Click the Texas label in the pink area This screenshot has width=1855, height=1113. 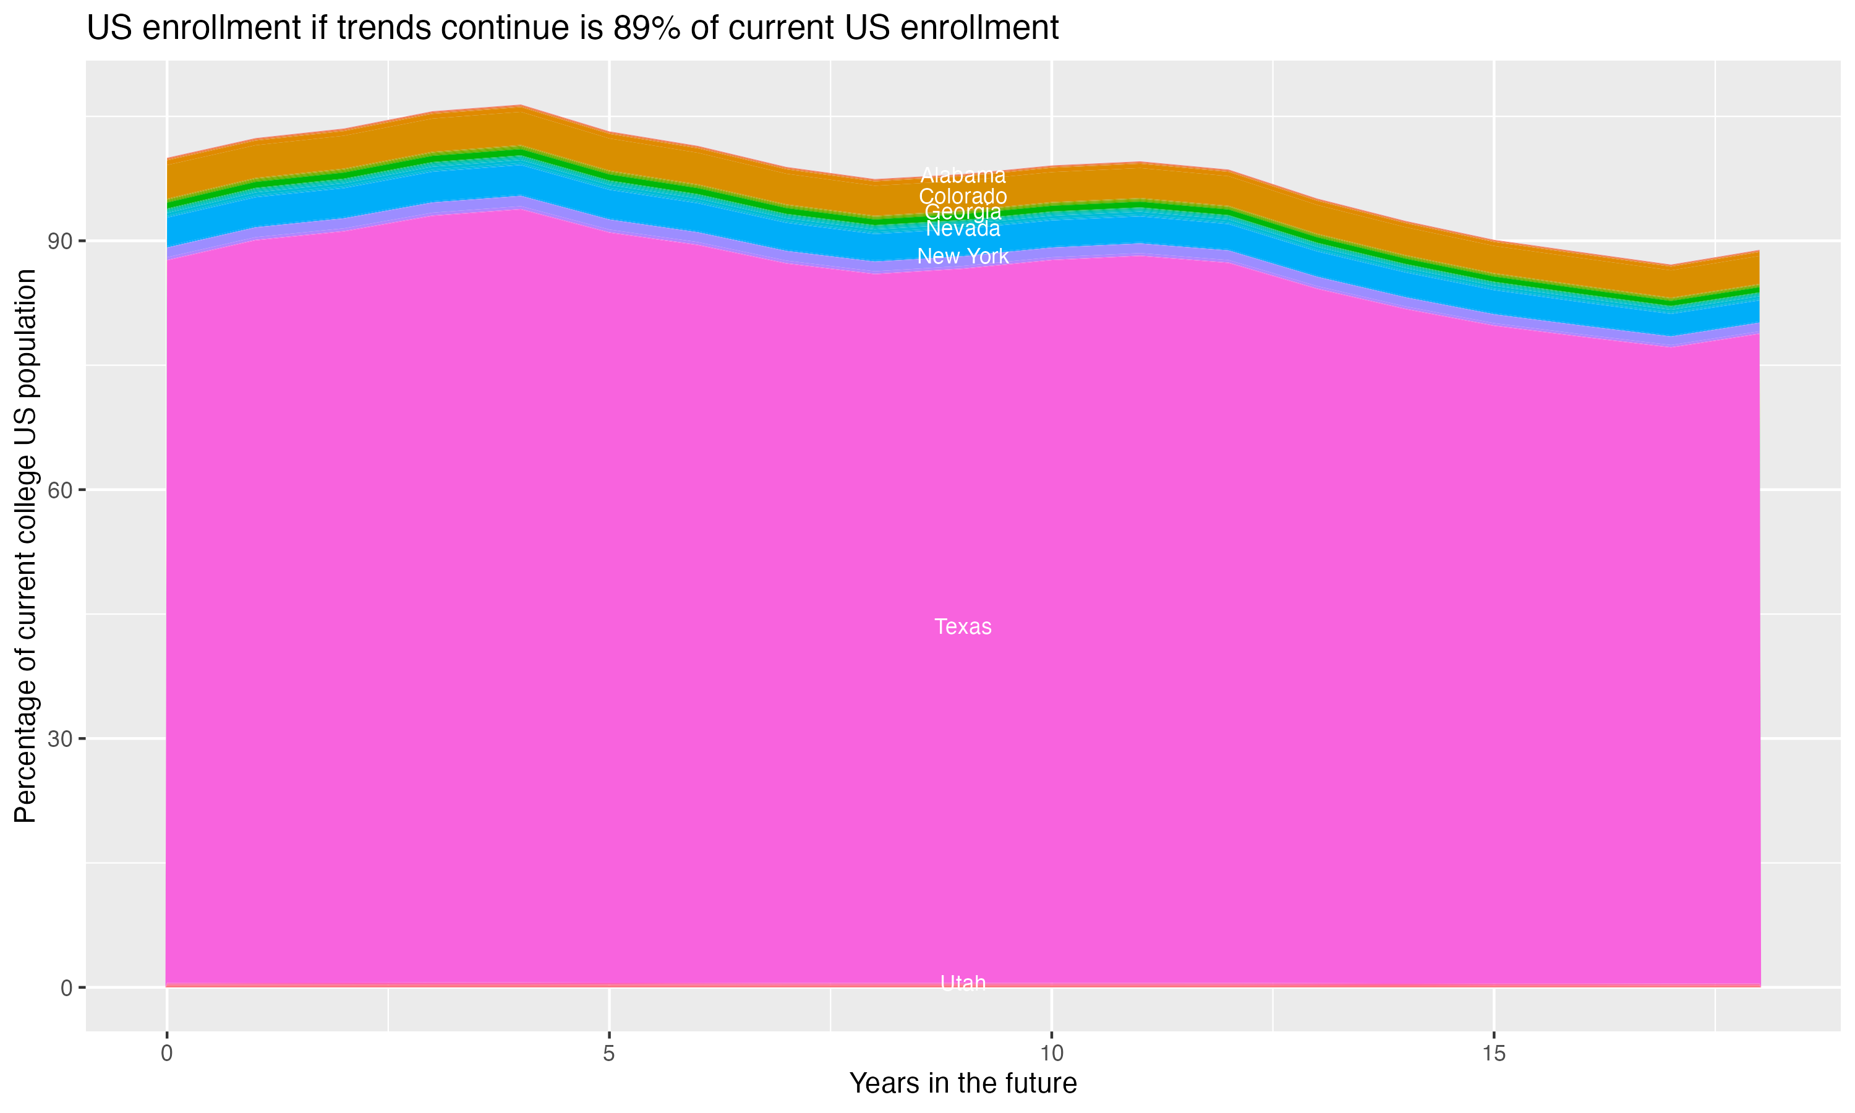(963, 627)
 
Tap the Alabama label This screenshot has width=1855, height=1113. (963, 176)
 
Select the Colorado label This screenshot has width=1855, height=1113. (963, 197)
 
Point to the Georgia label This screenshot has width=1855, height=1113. (963, 212)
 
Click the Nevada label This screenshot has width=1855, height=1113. (963, 229)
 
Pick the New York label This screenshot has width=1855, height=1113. (963, 257)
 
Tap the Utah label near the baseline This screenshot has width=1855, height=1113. (963, 983)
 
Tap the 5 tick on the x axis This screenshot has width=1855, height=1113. (609, 1054)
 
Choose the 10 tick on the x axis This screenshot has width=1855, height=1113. (1051, 1054)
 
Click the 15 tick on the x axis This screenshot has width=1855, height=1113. (1494, 1054)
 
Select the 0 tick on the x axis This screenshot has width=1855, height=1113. (166, 1054)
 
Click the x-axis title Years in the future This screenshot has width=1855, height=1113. (963, 1084)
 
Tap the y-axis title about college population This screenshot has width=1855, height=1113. (25, 546)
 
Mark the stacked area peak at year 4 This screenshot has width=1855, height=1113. (521, 106)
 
